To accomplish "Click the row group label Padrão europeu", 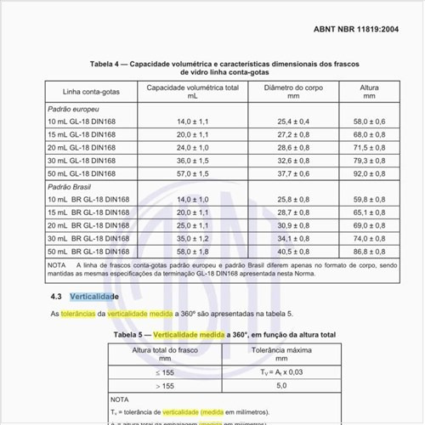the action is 73,110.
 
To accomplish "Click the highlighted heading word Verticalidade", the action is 99,297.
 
